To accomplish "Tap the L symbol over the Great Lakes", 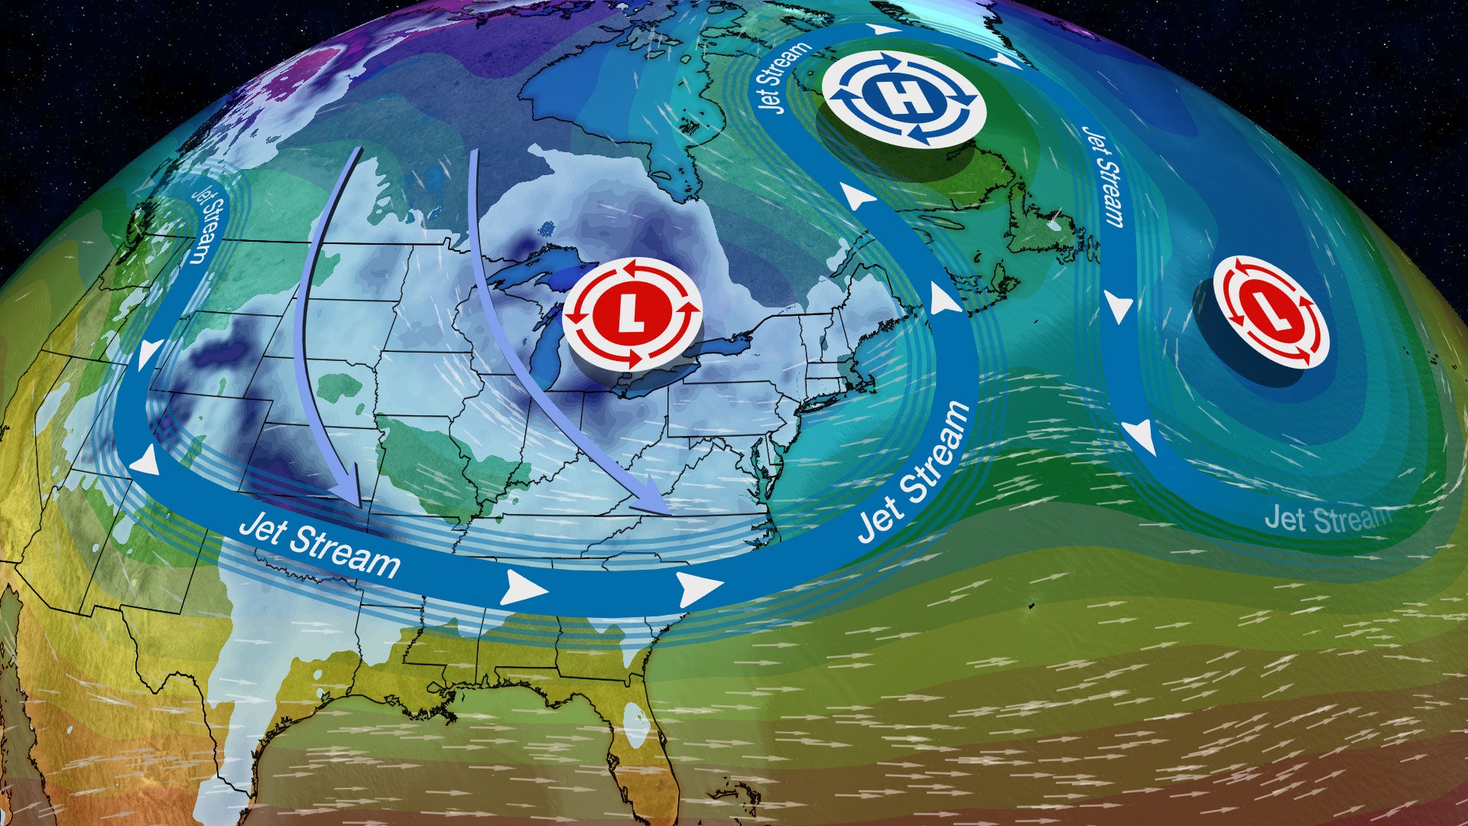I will pyautogui.click(x=632, y=314).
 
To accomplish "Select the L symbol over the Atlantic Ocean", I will pyautogui.click(x=1271, y=311).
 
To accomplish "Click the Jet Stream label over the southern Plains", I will pyautogui.click(x=320, y=546).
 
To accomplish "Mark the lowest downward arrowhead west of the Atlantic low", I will pyautogui.click(x=1141, y=438).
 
